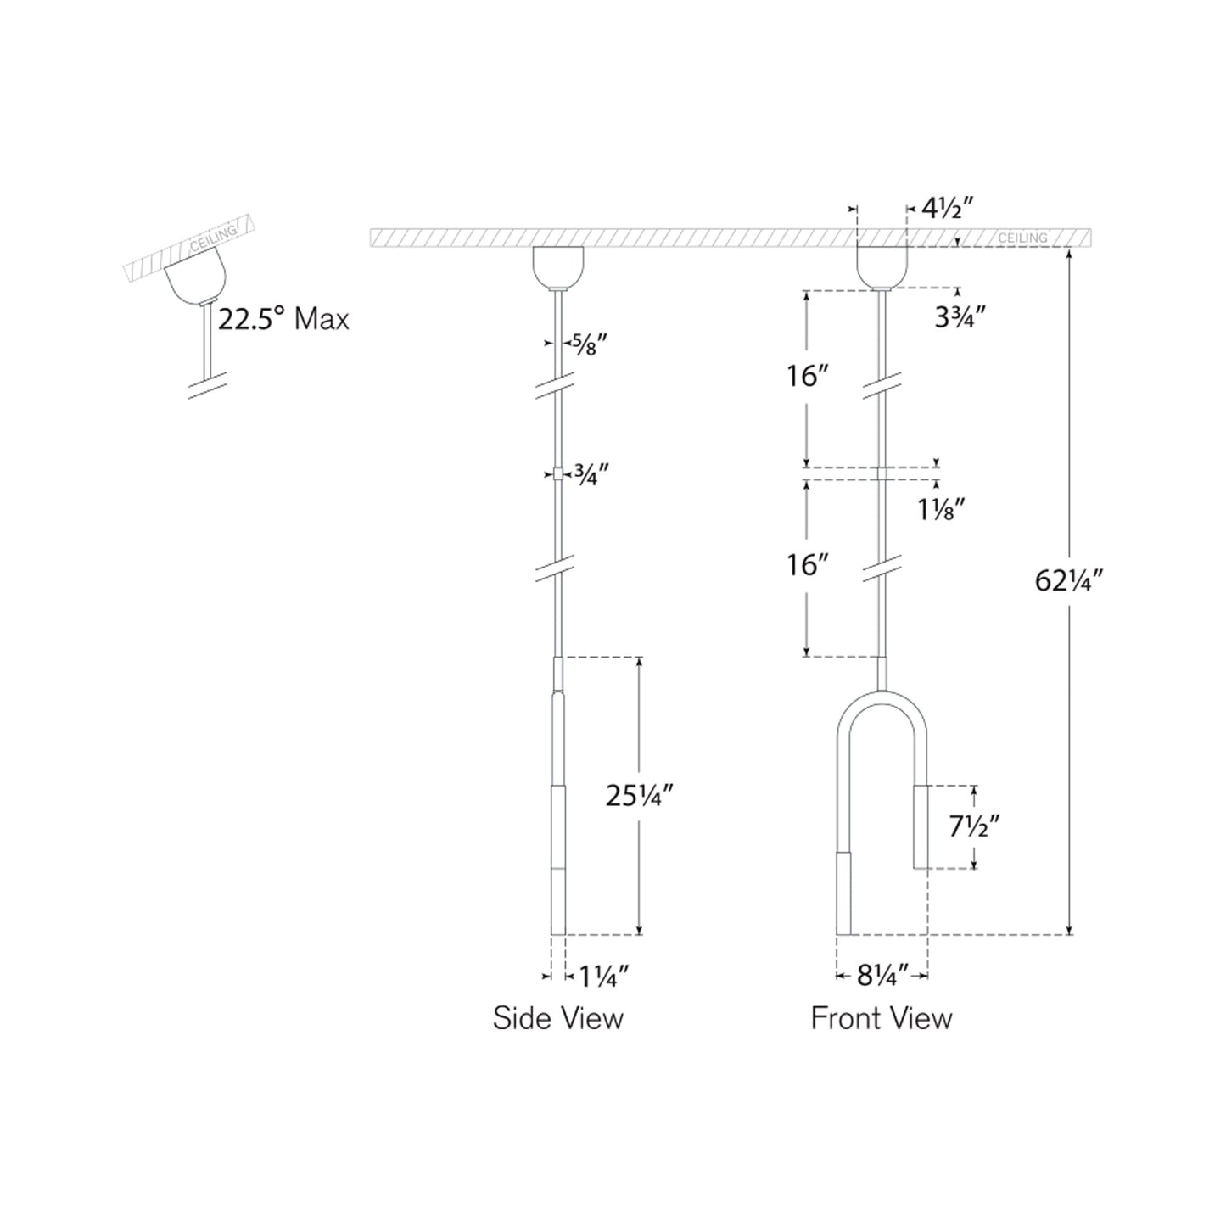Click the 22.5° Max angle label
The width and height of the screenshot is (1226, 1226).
(283, 320)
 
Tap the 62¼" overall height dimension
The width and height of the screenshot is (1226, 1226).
(1068, 580)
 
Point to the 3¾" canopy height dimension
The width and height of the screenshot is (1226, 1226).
(960, 316)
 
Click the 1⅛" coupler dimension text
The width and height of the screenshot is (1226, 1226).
(941, 509)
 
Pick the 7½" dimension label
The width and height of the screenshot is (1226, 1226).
(975, 826)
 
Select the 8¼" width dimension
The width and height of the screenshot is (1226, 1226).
(882, 976)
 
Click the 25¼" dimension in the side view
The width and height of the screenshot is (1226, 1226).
(640, 795)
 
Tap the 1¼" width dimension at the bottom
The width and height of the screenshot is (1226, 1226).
(603, 977)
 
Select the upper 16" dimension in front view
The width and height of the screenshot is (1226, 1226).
(806, 375)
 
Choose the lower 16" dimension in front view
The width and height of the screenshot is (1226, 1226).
(806, 564)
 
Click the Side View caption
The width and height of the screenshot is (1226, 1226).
(557, 1018)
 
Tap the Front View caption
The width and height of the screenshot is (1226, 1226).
(882, 1018)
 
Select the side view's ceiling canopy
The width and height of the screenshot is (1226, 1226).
(557, 266)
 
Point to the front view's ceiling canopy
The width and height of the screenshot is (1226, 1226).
(882, 266)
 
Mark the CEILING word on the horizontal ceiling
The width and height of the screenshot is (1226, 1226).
(1022, 238)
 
